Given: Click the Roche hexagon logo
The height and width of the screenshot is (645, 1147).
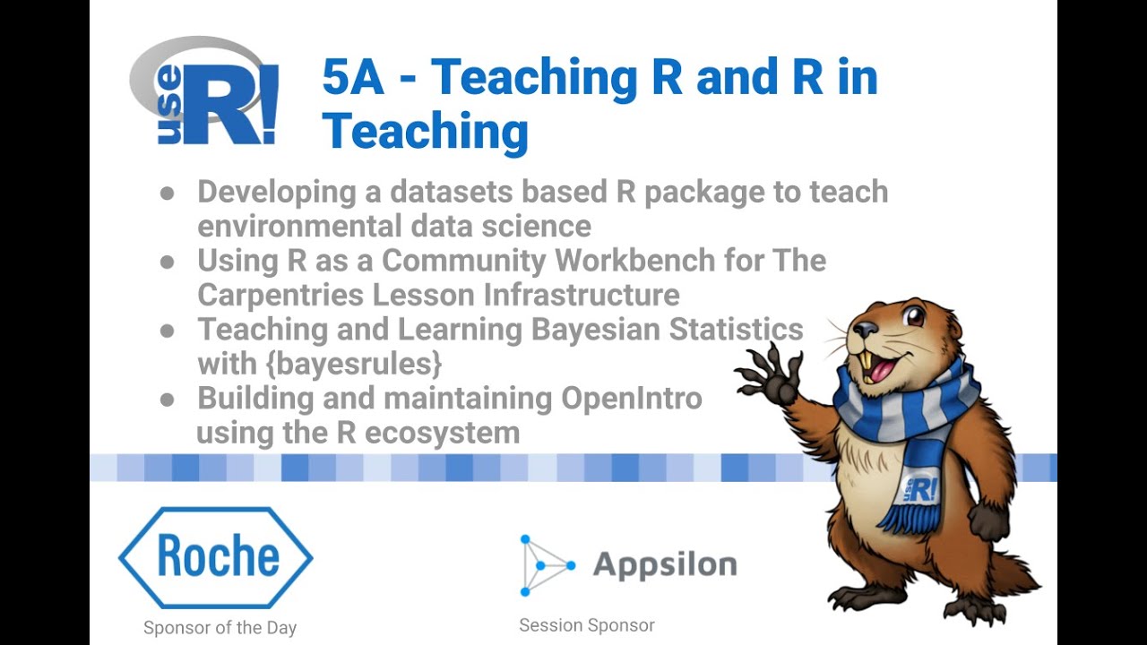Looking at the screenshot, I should (x=216, y=557).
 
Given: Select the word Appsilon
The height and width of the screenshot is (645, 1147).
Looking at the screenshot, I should (x=665, y=565).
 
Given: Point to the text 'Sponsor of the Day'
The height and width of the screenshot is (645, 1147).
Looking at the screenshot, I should (x=220, y=628).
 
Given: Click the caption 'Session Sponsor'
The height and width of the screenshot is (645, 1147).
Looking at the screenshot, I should (x=587, y=625).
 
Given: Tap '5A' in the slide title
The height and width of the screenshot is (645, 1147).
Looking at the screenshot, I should (x=353, y=78).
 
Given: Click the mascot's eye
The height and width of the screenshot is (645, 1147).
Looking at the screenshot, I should (x=913, y=316).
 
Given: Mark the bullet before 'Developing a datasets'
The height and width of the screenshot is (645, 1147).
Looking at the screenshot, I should (x=168, y=193).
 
